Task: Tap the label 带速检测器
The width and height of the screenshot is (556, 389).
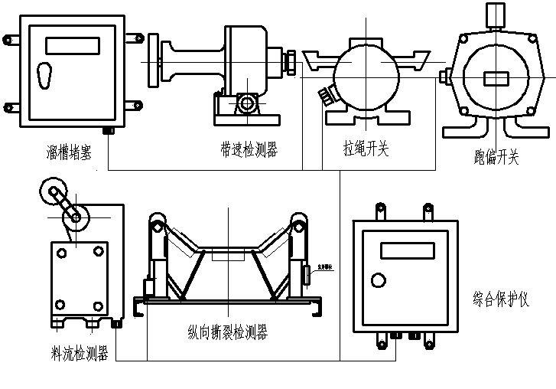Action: [x=248, y=149]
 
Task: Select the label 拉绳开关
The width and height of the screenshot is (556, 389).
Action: [x=366, y=148]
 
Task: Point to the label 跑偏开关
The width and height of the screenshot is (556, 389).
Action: [x=496, y=158]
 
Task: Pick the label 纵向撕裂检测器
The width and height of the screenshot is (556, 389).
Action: [x=227, y=332]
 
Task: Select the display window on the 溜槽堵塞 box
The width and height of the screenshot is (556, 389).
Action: [x=72, y=46]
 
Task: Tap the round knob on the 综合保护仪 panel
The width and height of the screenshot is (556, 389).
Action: [x=377, y=279]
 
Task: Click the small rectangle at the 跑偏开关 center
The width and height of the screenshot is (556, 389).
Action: [x=496, y=79]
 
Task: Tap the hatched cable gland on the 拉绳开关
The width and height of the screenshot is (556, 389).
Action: [x=327, y=95]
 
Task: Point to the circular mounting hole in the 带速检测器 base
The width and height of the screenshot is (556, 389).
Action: [x=246, y=103]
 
